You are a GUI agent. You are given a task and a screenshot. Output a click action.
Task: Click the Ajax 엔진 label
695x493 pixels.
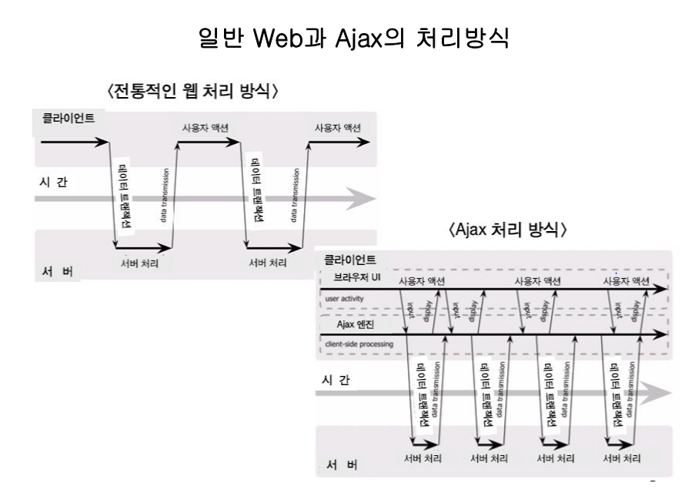(x=359, y=325)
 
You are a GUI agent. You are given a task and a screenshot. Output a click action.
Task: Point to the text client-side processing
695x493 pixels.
(x=359, y=344)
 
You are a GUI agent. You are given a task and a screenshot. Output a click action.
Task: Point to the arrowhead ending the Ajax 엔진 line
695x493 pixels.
(x=661, y=335)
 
